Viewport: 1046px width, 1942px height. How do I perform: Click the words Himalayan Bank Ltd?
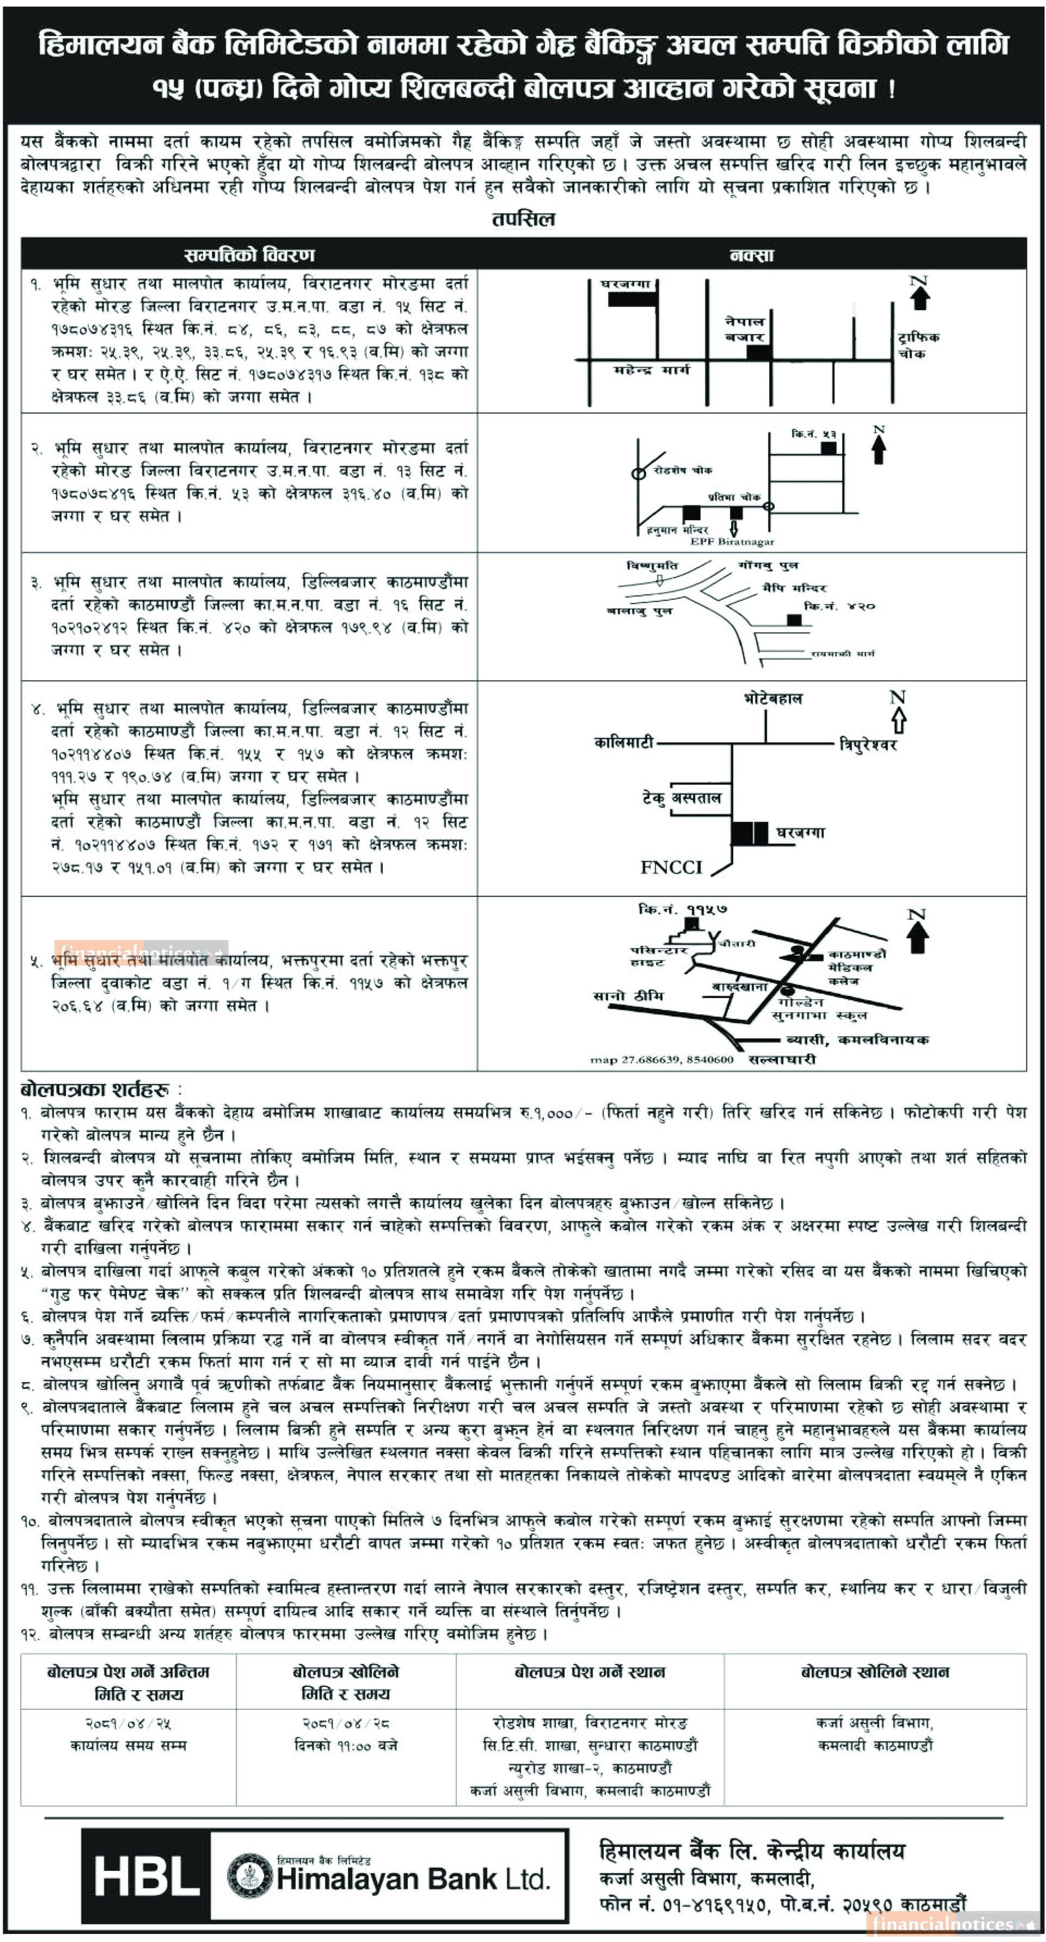pos(413,1879)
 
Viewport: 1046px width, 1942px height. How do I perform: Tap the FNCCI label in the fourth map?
pos(670,867)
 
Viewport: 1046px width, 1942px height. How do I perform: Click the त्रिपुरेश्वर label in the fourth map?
pos(868,745)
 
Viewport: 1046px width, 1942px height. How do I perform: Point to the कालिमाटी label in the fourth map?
pos(623,743)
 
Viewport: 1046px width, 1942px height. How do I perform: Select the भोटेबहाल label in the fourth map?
pos(772,699)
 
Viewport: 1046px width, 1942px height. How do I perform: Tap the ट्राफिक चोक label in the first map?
pos(918,345)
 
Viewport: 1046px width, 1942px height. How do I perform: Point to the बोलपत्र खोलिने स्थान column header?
pos(874,1672)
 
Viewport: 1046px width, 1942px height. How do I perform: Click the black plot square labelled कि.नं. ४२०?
pos(794,620)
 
